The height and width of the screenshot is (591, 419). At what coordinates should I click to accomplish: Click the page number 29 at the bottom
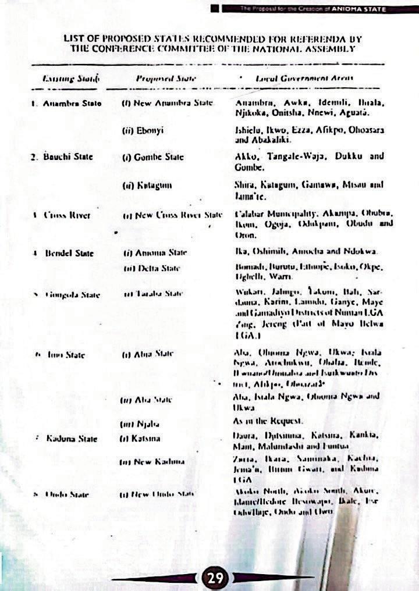point(215,578)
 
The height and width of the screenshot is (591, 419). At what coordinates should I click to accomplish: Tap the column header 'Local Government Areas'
point(304,77)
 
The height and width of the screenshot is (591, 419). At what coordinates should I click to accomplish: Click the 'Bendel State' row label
point(68,253)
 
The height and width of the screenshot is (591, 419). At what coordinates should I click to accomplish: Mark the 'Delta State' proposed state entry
point(151,268)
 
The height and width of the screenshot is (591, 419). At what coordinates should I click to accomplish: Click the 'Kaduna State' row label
point(72,438)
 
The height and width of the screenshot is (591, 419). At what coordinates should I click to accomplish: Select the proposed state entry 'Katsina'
point(140,438)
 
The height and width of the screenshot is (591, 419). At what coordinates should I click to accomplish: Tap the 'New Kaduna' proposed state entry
point(153,461)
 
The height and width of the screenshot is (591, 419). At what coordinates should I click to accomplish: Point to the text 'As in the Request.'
point(269,420)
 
